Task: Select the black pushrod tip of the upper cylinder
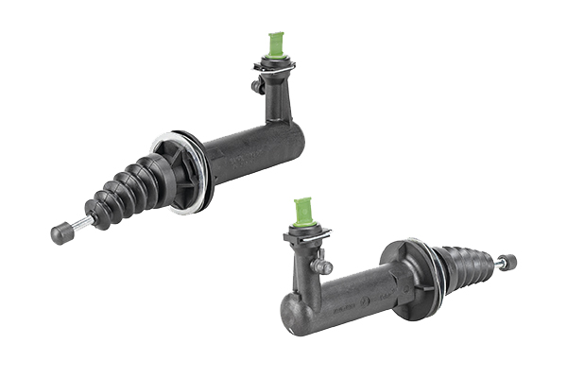(x=60, y=233)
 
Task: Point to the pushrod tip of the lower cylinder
(x=511, y=261)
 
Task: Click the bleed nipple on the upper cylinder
(x=255, y=86)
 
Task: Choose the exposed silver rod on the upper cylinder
(x=80, y=224)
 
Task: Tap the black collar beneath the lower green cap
(x=302, y=232)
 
